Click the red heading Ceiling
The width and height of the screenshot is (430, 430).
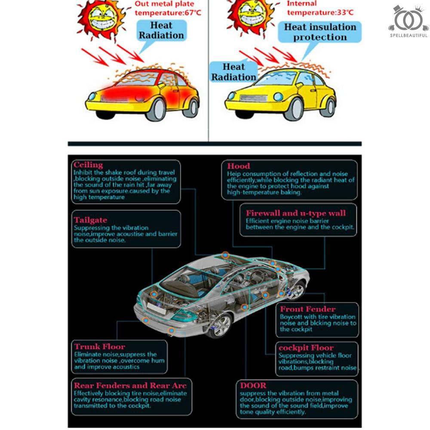pyautogui.click(x=88, y=165)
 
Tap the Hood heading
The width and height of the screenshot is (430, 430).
pyautogui.click(x=239, y=166)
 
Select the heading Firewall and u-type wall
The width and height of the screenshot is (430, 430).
pyautogui.click(x=296, y=213)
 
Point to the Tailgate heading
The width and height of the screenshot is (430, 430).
pyautogui.click(x=90, y=220)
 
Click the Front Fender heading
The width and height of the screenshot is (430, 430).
pyautogui.click(x=308, y=309)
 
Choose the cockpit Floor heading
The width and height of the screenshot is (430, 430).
pyautogui.click(x=306, y=348)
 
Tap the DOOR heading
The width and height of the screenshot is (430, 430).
pyautogui.click(x=253, y=385)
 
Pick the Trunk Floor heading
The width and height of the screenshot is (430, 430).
pyautogui.click(x=100, y=346)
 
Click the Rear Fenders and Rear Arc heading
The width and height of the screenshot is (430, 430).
pyautogui.click(x=130, y=385)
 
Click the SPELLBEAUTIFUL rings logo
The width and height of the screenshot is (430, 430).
pyautogui.click(x=408, y=20)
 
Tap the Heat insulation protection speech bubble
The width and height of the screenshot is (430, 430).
pyautogui.click(x=320, y=32)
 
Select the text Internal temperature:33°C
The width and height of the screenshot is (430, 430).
pyautogui.click(x=320, y=8)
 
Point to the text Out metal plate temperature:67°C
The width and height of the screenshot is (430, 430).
pyautogui.click(x=168, y=9)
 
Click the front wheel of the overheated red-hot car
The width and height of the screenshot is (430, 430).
pyautogui.click(x=156, y=110)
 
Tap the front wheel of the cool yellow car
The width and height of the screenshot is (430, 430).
pyautogui.click(x=294, y=109)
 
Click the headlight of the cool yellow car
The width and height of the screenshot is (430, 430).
pyautogui.click(x=278, y=96)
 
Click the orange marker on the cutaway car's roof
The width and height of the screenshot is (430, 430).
pyautogui.click(x=225, y=255)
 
